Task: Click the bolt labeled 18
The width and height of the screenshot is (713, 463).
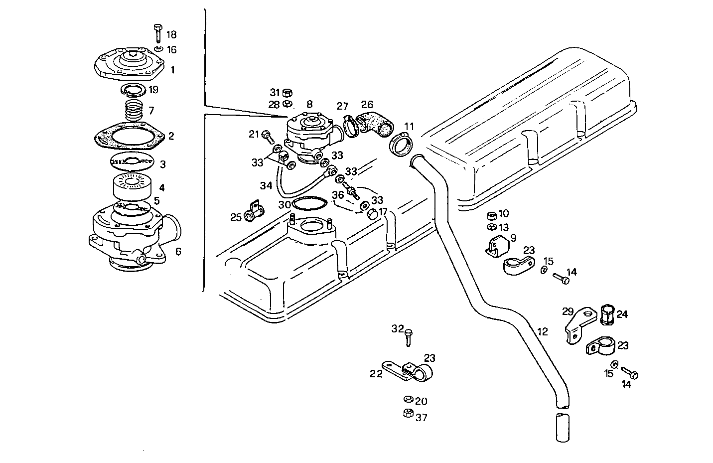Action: point(158,33)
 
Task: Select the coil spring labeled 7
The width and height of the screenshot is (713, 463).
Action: point(133,110)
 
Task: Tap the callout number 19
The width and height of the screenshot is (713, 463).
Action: point(153,90)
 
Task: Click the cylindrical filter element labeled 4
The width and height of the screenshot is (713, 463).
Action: point(133,187)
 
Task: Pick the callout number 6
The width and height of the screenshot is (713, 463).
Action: point(178,252)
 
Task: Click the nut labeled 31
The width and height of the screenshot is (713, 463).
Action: point(287,93)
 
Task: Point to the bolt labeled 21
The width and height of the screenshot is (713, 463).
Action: point(267,135)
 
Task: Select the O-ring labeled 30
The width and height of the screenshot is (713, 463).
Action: point(309,204)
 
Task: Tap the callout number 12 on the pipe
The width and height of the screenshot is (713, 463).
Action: point(543,331)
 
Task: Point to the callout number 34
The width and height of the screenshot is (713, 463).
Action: point(266,186)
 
